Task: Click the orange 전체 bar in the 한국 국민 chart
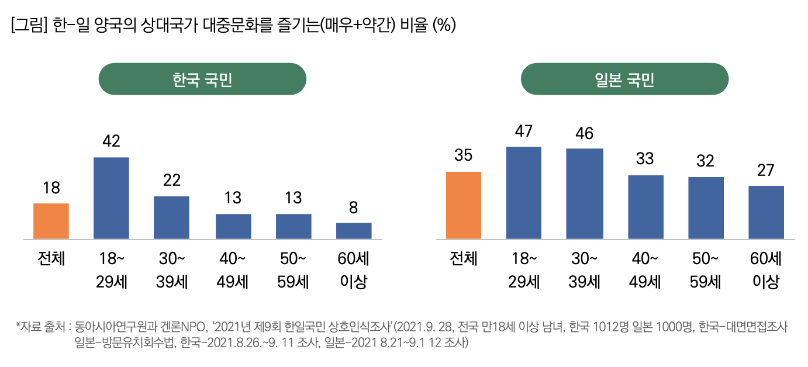(x=51, y=221)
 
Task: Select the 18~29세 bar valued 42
(x=111, y=198)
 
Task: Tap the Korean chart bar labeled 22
(x=171, y=217)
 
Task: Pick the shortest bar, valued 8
(x=354, y=231)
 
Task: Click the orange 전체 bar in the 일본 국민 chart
(x=464, y=205)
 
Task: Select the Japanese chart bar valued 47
(x=524, y=193)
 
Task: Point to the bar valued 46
(x=584, y=194)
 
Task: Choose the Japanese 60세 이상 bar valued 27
(x=766, y=212)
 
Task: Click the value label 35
(x=463, y=155)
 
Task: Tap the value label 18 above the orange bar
(x=51, y=188)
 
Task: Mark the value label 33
(x=645, y=158)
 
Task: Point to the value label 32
(x=706, y=161)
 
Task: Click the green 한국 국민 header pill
(x=202, y=79)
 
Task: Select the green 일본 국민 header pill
(x=624, y=79)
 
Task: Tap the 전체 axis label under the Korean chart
(x=51, y=259)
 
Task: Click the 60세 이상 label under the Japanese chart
(x=766, y=270)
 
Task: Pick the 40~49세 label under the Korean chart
(x=233, y=270)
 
